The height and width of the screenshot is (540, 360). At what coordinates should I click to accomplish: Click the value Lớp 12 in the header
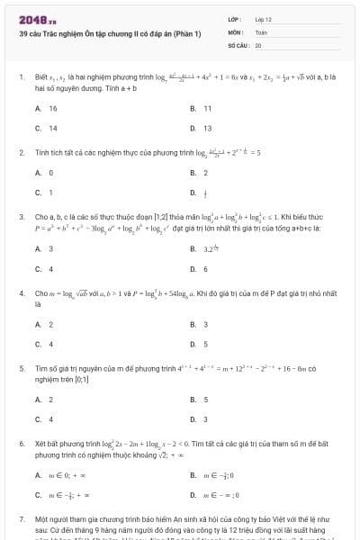click(x=263, y=19)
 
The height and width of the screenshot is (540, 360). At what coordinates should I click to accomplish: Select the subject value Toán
click(x=261, y=31)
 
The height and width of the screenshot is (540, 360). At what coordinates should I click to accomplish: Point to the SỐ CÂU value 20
click(x=258, y=44)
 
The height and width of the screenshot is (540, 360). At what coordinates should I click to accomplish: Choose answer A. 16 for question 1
click(x=47, y=108)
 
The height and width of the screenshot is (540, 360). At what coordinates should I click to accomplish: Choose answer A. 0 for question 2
click(x=45, y=172)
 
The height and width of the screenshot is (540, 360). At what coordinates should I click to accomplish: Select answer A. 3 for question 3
click(x=45, y=248)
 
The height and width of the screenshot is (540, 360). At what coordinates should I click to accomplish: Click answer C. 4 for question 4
click(x=45, y=344)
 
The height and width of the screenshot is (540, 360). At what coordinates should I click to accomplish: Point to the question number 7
click(x=22, y=520)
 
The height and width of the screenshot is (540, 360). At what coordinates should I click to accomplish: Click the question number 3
click(x=22, y=217)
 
